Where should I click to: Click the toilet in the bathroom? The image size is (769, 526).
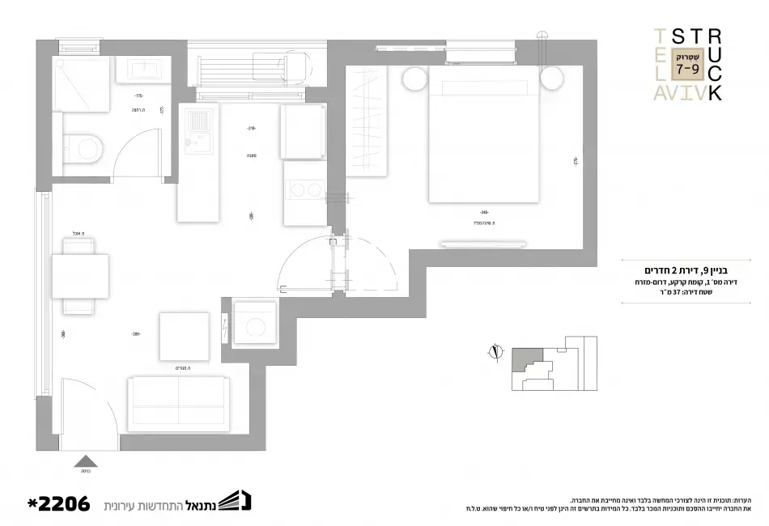click(83, 147)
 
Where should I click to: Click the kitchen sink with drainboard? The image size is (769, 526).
click(197, 131)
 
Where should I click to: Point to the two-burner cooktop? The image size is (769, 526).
click(301, 191)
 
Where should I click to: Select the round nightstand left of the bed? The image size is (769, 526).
click(414, 80)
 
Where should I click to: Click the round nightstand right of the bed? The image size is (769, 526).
click(552, 79)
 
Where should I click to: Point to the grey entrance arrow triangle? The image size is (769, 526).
click(87, 463)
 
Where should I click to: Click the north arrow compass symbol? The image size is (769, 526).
click(494, 350)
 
